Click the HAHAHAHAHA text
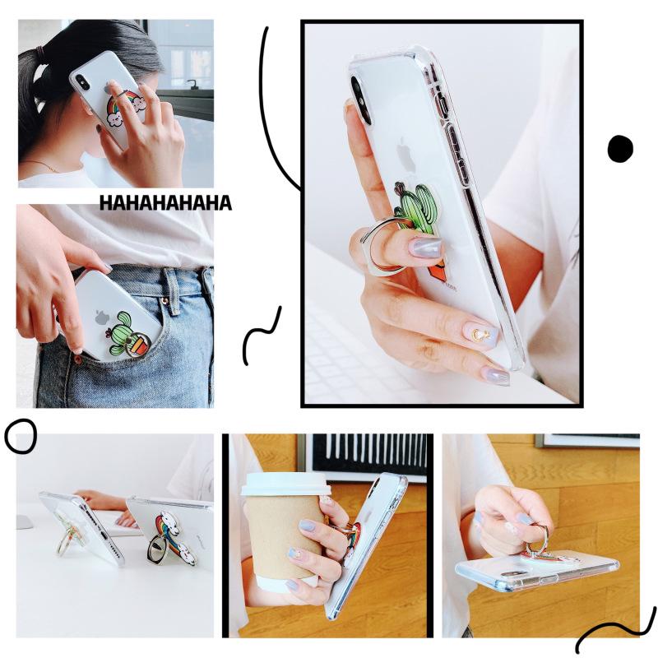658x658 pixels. [x=165, y=203]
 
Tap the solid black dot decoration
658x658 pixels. [x=620, y=149]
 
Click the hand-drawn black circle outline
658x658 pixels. [x=21, y=437]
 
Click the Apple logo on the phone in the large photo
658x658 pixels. [x=403, y=154]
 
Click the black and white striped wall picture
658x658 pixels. [x=367, y=456]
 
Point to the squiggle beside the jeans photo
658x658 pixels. [x=262, y=336]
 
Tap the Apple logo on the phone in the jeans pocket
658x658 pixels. [x=102, y=317]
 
